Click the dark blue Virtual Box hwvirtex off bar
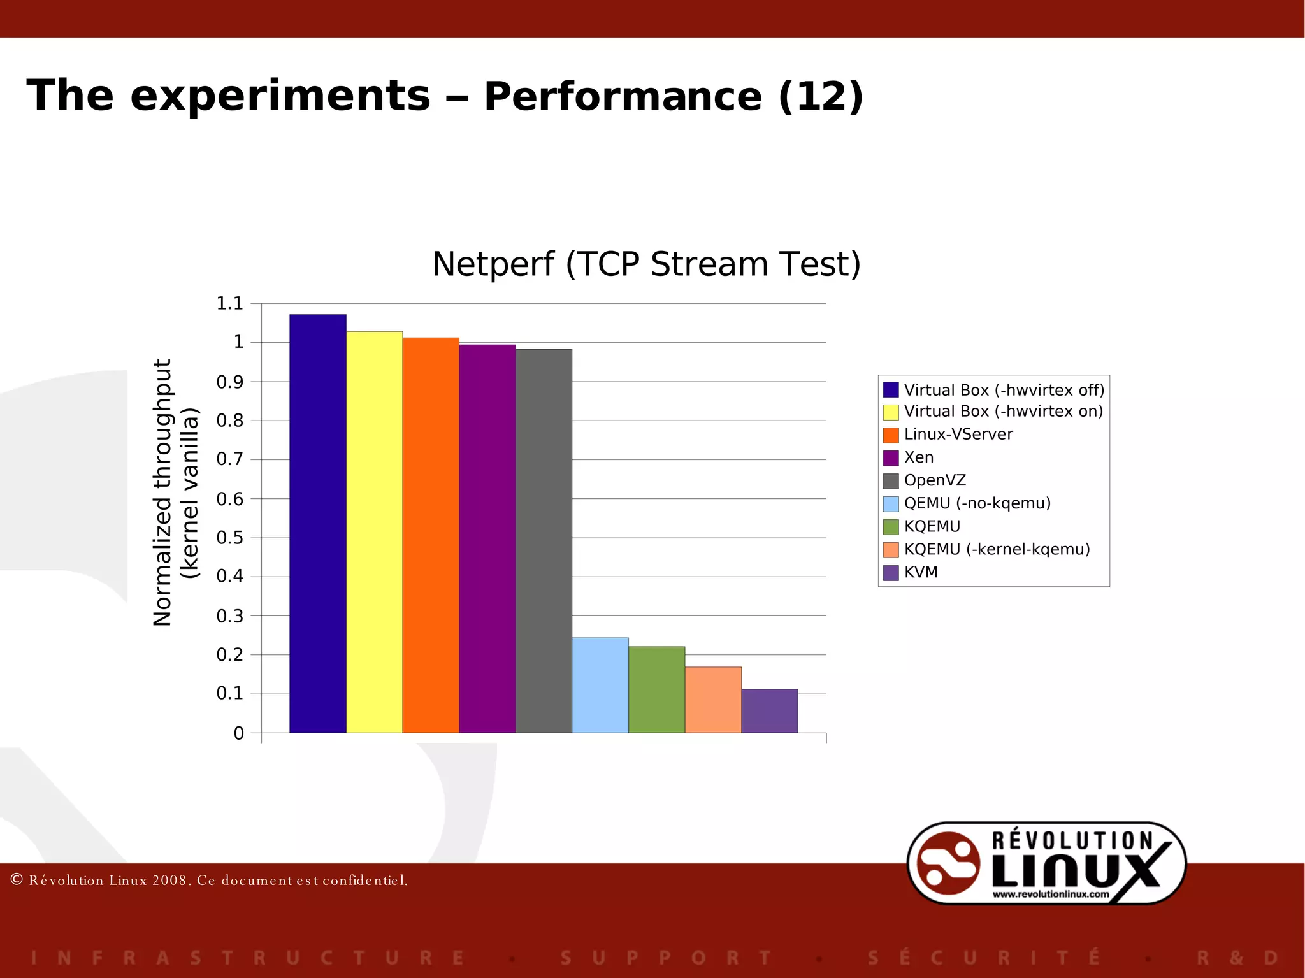point(317,523)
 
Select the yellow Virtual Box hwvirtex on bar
point(374,532)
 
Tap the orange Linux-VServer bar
point(431,535)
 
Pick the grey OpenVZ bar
point(544,541)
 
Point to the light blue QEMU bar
point(600,685)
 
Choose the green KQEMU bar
point(656,689)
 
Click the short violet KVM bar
point(770,711)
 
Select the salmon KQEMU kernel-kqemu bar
point(713,700)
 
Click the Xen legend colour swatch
point(891,458)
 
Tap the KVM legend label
point(921,572)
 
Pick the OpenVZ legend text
point(935,480)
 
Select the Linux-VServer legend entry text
point(958,435)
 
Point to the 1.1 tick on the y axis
point(230,303)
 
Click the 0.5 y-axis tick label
point(230,538)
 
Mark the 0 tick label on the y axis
point(239,733)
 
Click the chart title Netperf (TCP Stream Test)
point(646,264)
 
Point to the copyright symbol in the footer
point(17,880)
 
